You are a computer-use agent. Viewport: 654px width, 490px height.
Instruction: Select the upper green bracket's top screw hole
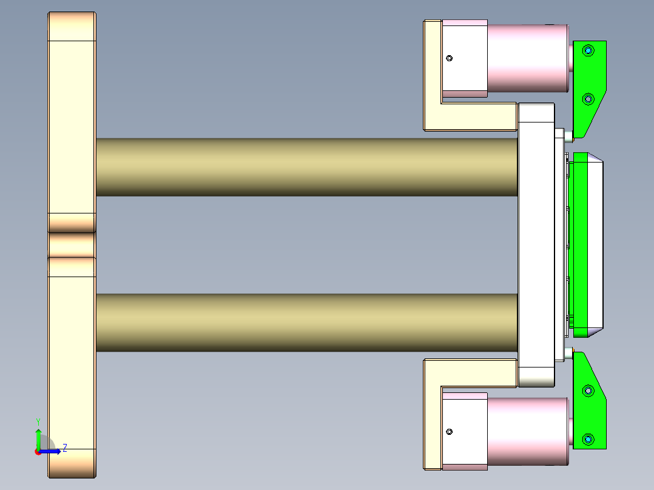pos(587,50)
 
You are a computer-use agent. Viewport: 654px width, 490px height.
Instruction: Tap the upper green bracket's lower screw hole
pos(587,98)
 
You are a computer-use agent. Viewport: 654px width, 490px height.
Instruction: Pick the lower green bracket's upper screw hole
pos(587,391)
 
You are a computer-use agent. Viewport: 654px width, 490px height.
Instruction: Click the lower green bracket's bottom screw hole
pos(587,438)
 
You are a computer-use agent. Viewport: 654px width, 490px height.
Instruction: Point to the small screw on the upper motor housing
pos(450,58)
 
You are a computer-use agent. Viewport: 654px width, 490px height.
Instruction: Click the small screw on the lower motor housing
pos(450,432)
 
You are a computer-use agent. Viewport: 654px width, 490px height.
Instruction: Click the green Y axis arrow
pos(38,437)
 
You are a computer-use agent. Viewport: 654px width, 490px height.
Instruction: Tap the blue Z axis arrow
pos(52,451)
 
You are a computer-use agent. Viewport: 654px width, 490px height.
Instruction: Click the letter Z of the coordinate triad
pos(64,448)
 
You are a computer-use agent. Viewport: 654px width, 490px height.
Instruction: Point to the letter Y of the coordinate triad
pos(38,421)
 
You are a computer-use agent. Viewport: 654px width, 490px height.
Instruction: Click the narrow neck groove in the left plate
pos(72,245)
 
